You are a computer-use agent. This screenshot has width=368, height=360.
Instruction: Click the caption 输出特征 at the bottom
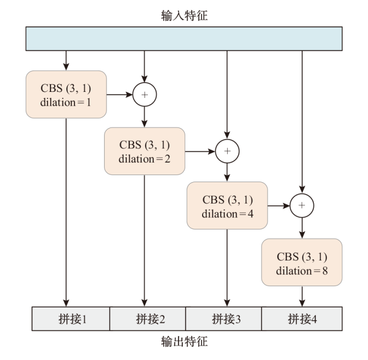coord(184,342)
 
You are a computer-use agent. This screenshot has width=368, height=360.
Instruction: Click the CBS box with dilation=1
coord(66,94)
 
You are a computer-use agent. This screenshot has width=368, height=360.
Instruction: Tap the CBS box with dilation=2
coord(145,151)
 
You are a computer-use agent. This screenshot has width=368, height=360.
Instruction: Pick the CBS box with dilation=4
coord(227,206)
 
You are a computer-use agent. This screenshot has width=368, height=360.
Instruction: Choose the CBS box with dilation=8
coord(302,262)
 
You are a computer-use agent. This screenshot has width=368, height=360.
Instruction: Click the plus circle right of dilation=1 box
coord(145,94)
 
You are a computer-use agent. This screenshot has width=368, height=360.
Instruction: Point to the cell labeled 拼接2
coord(148,318)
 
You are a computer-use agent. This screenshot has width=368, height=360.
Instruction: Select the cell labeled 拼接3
coord(225,318)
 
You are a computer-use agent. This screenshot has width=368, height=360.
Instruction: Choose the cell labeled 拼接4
coord(302,318)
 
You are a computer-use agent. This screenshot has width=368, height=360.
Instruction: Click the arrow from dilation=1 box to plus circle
coord(119,94)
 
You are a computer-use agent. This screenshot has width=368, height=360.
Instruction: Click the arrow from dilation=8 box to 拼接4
coord(302,296)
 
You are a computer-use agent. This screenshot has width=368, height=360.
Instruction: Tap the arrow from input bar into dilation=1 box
coord(66,60)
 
